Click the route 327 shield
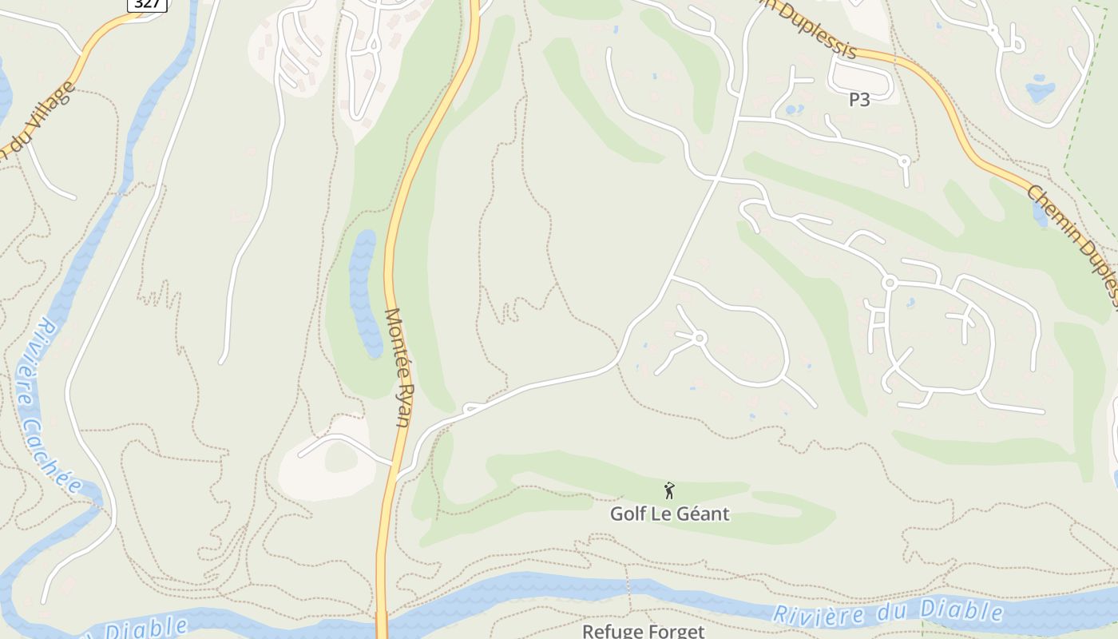tap(147, 4)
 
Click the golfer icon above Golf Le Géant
tap(669, 490)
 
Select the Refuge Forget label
tap(643, 631)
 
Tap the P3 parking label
tap(858, 100)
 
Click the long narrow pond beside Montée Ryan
tap(364, 292)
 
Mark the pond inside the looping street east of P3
tap(1040, 89)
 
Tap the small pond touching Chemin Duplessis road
tap(1040, 213)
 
